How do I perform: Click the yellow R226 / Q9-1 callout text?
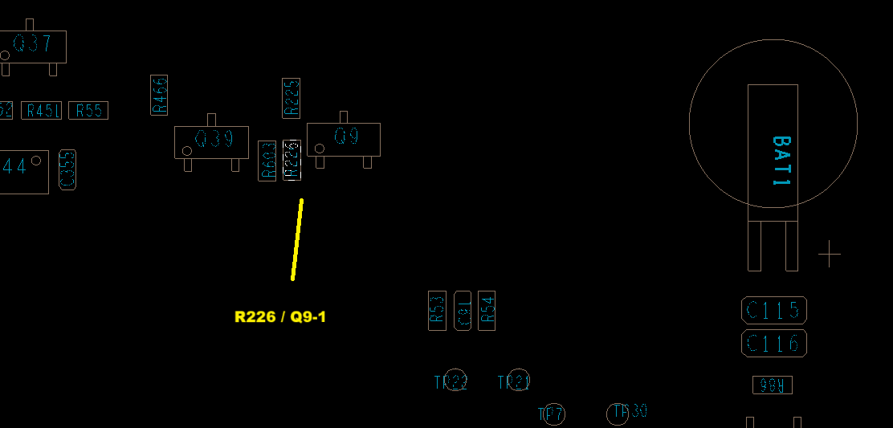pyautogui.click(x=280, y=317)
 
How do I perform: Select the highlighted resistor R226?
pyautogui.click(x=292, y=159)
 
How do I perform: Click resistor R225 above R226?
pyautogui.click(x=292, y=98)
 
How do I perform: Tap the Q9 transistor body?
pyautogui.click(x=344, y=139)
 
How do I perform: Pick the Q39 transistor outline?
pyautogui.click(x=211, y=141)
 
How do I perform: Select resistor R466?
pyautogui.click(x=159, y=95)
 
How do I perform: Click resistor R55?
pyautogui.click(x=88, y=111)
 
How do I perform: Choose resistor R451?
pyautogui.click(x=42, y=111)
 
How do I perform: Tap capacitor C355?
pyautogui.click(x=68, y=170)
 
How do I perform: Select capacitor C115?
pyautogui.click(x=773, y=310)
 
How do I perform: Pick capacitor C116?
pyautogui.click(x=773, y=344)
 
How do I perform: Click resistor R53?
pyautogui.click(x=437, y=311)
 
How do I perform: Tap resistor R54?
pyautogui.click(x=487, y=311)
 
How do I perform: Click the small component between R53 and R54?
pyautogui.click(x=463, y=311)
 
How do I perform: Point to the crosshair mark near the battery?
pyautogui.click(x=829, y=255)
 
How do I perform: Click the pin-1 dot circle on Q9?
pyautogui.click(x=320, y=149)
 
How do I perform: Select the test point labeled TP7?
pyautogui.click(x=553, y=414)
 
